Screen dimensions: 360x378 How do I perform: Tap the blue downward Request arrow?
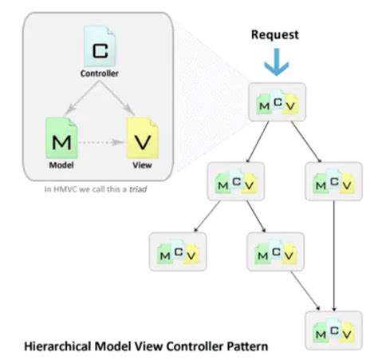[274, 63]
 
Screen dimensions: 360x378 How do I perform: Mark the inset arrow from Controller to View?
[120, 100]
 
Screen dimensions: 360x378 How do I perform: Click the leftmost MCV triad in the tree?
[176, 252]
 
